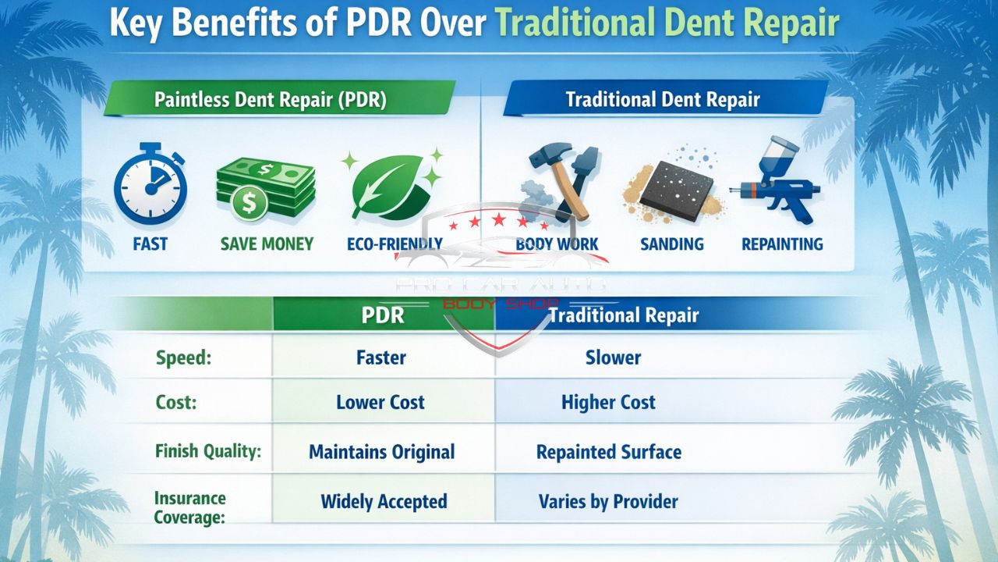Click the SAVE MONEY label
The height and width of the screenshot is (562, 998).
(x=267, y=244)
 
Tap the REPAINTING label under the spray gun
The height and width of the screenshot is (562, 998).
(x=782, y=244)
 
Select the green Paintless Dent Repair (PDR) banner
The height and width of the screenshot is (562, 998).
(x=270, y=100)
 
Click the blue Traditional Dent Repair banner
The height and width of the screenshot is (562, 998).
(x=663, y=100)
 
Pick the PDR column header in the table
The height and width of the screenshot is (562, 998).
(x=383, y=315)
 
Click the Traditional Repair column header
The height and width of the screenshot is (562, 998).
(x=624, y=315)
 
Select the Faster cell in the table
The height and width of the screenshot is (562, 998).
(x=381, y=358)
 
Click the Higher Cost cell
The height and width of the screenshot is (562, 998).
(x=608, y=403)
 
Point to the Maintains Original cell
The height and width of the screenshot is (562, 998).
(x=382, y=452)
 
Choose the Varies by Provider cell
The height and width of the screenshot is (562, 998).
(x=608, y=501)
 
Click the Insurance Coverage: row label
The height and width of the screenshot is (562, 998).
(x=189, y=507)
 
